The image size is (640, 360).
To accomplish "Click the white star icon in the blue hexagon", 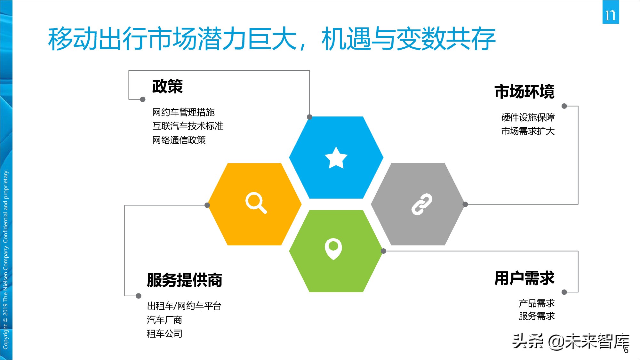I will [x=336, y=157].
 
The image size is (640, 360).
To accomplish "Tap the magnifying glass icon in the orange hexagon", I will [x=256, y=203].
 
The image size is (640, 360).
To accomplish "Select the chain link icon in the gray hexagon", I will [x=422, y=204].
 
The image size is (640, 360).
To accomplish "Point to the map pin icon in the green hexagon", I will [x=333, y=248].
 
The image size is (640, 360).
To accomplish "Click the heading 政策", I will [x=167, y=86].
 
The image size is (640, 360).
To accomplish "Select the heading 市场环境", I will [x=524, y=92].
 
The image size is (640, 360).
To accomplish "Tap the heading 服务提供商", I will [x=184, y=280].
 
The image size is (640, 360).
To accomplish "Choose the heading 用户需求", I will [x=524, y=278].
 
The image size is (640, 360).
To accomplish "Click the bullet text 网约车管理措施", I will [x=183, y=112].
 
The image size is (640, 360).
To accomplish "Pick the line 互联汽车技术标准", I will [x=188, y=126].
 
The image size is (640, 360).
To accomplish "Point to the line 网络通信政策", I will [x=179, y=140].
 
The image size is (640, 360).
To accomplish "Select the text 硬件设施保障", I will [x=528, y=117].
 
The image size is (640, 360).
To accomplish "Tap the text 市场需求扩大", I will [x=528, y=131].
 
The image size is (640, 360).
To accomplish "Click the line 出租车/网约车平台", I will [x=184, y=306].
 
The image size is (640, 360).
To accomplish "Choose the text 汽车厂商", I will [x=164, y=320].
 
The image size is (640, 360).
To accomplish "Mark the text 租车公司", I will [x=164, y=334].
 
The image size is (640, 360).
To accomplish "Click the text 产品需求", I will [x=537, y=303].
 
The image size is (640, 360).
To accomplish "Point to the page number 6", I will [x=626, y=350].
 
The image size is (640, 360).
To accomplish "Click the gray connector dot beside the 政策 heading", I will [x=143, y=100].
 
